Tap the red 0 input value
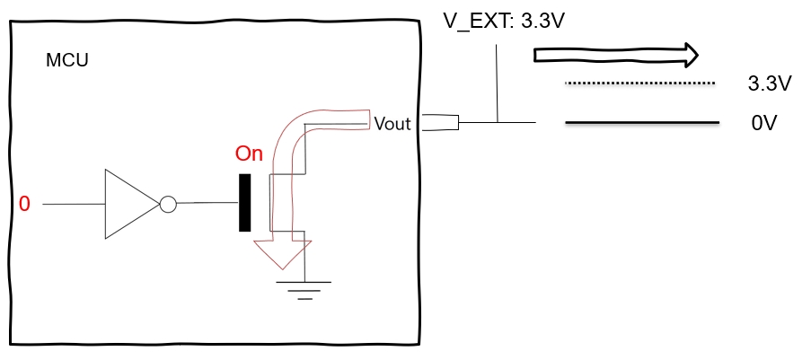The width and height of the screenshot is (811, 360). click(x=24, y=205)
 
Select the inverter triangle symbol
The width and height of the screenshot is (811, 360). click(x=128, y=204)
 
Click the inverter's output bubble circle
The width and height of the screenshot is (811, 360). click(x=168, y=205)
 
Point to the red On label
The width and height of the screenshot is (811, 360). click(x=249, y=154)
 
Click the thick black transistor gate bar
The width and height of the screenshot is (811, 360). click(x=244, y=203)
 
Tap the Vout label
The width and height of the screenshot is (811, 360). click(x=392, y=124)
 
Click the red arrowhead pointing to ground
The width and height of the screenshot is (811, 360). click(x=282, y=253)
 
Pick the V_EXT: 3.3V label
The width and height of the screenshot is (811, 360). click(x=504, y=21)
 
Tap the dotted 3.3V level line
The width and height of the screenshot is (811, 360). click(x=639, y=84)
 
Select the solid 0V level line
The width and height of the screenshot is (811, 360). click(x=642, y=122)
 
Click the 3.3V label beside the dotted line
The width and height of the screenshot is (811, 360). click(x=769, y=84)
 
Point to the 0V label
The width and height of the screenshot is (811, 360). click(x=763, y=123)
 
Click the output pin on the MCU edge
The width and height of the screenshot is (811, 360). click(x=441, y=122)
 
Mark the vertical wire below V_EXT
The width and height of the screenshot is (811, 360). click(x=497, y=81)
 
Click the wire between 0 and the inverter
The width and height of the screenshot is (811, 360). click(x=73, y=205)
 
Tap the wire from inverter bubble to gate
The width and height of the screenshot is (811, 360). click(x=207, y=204)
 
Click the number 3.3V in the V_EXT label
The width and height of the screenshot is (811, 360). click(x=542, y=21)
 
